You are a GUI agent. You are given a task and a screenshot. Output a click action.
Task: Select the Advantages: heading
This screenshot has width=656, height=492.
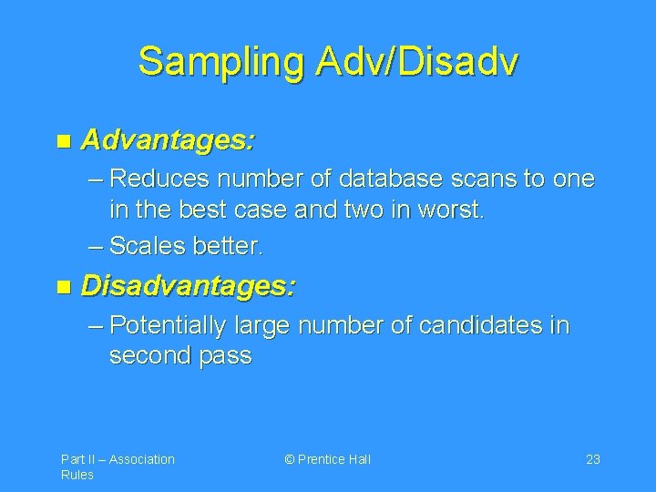tap(169, 141)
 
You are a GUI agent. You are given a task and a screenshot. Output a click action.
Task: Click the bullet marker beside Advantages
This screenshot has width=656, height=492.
tap(62, 142)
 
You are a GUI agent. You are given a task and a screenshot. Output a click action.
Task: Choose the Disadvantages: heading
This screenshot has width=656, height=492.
tap(189, 288)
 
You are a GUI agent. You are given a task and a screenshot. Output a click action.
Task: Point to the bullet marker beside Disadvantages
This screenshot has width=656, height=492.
tap(62, 289)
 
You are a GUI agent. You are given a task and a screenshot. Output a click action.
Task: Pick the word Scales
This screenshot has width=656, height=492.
tap(146, 245)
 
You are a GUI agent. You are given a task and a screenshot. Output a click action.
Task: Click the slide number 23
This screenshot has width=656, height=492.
tap(592, 459)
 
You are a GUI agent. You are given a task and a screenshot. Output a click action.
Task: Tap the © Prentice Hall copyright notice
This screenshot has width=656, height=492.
tap(327, 459)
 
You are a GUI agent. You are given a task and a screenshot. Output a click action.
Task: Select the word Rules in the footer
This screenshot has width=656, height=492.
tap(77, 476)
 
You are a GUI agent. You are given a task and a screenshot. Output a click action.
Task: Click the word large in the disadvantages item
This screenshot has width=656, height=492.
tap(260, 325)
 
